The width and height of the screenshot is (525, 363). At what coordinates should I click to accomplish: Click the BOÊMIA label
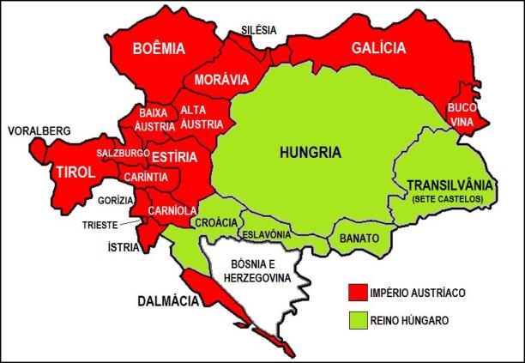[160, 51]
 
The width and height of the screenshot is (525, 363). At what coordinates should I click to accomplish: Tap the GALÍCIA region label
[378, 49]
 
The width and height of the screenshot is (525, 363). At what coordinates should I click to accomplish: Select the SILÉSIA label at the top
[259, 30]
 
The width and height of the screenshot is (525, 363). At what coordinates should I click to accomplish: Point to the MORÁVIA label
[221, 80]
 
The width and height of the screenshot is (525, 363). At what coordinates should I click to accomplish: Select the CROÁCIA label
[216, 222]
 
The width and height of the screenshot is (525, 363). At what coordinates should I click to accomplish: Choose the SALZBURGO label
[123, 152]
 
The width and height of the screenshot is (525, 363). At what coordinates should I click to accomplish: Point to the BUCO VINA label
[462, 117]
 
